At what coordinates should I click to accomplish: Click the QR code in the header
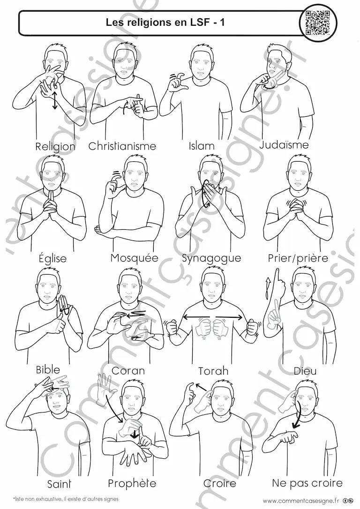click(x=318, y=22)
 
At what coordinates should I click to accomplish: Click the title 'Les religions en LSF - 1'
click(x=165, y=22)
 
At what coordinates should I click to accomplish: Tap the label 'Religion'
click(x=55, y=146)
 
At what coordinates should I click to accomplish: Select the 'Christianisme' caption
click(x=122, y=146)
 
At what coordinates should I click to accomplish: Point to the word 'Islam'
click(x=202, y=146)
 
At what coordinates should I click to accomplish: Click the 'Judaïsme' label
click(x=284, y=144)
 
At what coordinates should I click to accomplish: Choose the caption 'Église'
click(x=52, y=258)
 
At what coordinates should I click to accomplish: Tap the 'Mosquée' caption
click(x=135, y=258)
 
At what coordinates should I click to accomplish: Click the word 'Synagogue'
click(x=216, y=259)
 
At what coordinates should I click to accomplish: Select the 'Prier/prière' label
click(x=298, y=258)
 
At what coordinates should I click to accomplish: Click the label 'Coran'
click(x=128, y=370)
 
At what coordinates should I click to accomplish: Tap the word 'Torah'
click(x=213, y=371)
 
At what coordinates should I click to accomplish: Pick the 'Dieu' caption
click(x=305, y=371)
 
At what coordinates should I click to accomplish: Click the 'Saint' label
click(x=59, y=484)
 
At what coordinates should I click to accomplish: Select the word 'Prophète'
click(x=132, y=483)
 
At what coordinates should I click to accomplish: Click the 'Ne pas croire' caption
click(x=307, y=483)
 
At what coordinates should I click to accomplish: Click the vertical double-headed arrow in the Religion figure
click(x=55, y=101)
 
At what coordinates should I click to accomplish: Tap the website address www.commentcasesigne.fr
click(x=297, y=500)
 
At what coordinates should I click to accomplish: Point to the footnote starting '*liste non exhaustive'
click(x=66, y=499)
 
